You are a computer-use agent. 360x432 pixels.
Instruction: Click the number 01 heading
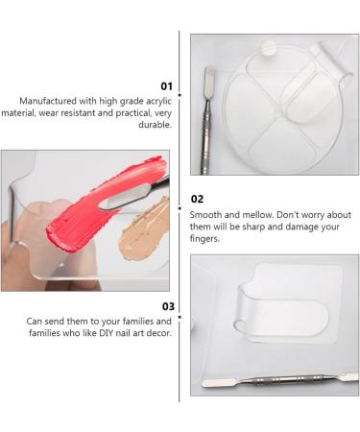(x=164, y=84)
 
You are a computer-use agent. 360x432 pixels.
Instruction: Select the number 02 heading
(x=198, y=200)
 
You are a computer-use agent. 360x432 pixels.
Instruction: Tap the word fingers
(x=208, y=239)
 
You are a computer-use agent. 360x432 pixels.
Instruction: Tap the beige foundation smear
(x=142, y=223)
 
